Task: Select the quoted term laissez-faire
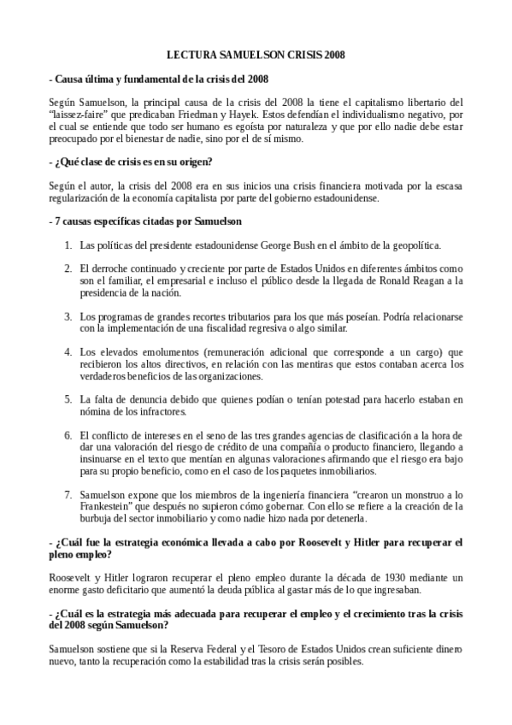coord(84,113)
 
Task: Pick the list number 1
coord(68,245)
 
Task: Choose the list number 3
coord(68,316)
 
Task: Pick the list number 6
coord(68,435)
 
